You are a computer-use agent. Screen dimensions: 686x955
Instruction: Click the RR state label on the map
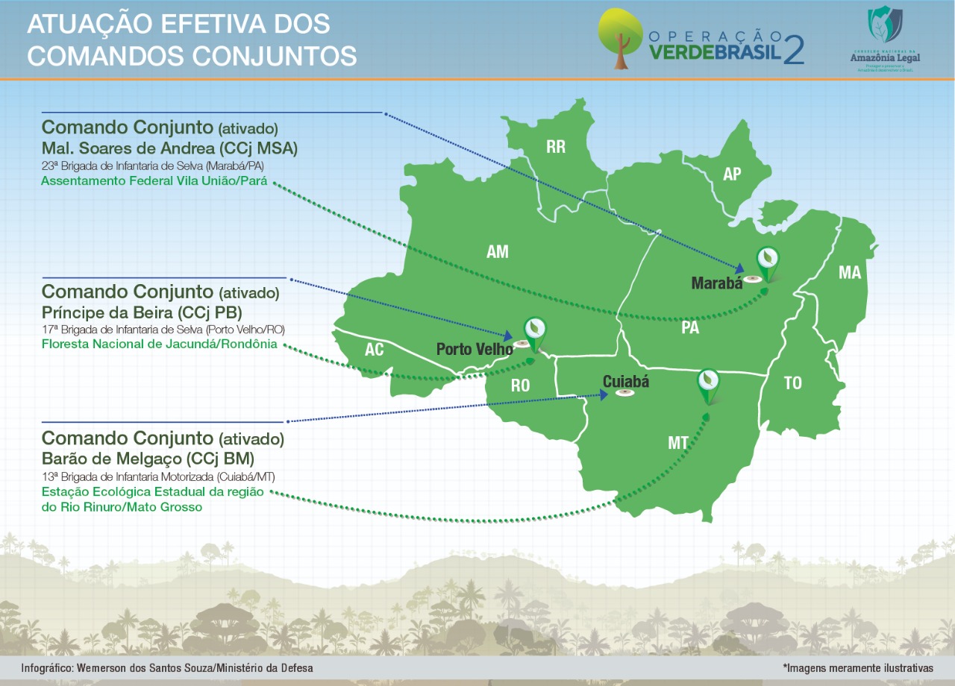point(556,147)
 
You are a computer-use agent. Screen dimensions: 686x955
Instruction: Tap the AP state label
point(732,174)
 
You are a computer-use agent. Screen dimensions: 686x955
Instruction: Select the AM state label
point(498,252)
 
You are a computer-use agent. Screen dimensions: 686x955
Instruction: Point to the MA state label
point(850,273)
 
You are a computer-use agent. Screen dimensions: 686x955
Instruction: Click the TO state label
point(792,383)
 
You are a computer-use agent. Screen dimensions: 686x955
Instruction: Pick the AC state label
point(374,350)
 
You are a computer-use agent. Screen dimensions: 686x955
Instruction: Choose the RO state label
point(520,386)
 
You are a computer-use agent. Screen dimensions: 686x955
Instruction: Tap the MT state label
point(678,444)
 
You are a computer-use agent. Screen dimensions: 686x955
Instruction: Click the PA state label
point(690,327)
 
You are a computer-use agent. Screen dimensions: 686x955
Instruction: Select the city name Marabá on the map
point(717,283)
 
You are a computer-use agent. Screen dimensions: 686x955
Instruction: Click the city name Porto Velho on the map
point(475,349)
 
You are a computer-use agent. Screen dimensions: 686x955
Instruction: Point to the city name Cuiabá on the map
point(626,382)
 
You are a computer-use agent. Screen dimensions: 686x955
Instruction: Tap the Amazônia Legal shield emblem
point(885,24)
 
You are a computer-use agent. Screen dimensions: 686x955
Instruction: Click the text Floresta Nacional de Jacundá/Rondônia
point(159,344)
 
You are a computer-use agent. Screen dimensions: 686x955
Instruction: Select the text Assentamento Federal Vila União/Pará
point(154,180)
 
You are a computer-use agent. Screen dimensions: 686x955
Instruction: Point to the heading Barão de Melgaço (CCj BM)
point(148,457)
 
